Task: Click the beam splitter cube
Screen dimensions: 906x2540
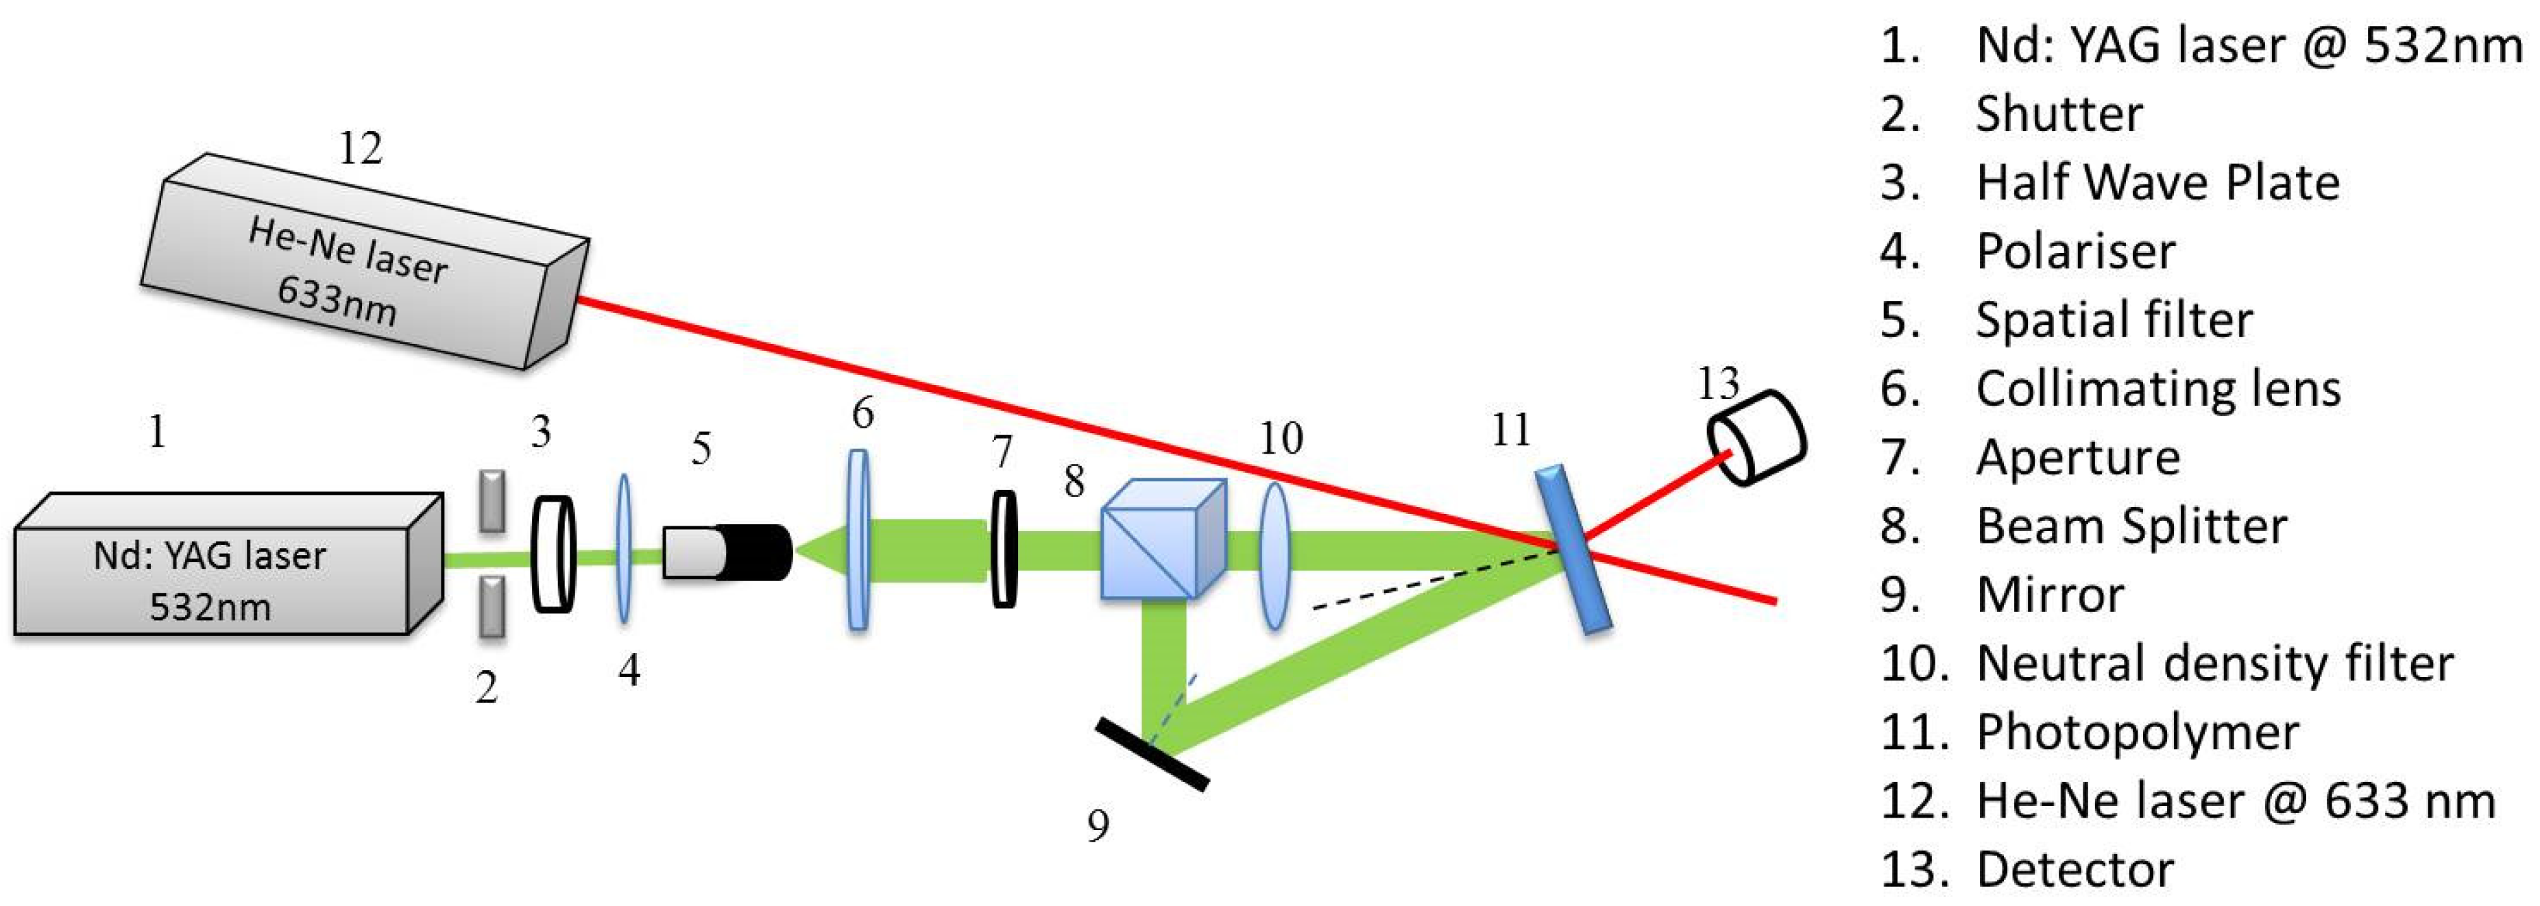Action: (1161, 539)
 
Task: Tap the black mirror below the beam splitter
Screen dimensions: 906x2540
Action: (1152, 754)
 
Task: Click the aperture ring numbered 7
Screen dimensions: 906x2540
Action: (1003, 548)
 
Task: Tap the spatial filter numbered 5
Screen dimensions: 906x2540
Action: (727, 552)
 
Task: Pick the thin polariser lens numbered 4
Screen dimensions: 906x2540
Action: (623, 548)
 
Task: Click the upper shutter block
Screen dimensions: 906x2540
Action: (491, 501)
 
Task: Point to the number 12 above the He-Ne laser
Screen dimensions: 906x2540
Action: (360, 149)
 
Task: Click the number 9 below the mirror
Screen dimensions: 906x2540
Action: (1098, 825)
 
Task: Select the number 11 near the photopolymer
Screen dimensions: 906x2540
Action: (1510, 430)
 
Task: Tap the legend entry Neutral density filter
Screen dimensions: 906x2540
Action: (2214, 663)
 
